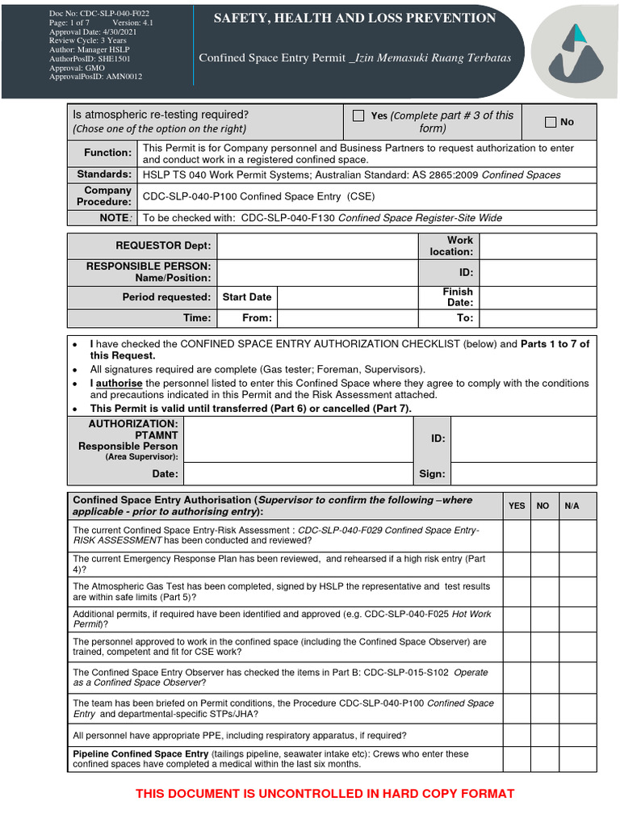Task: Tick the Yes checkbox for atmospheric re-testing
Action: (x=358, y=116)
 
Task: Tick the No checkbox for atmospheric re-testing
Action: (x=551, y=122)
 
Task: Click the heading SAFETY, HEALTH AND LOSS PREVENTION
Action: (x=354, y=18)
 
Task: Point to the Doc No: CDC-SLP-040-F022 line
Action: (x=88, y=15)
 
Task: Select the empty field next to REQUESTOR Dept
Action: (x=317, y=246)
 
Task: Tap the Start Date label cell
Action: (x=247, y=296)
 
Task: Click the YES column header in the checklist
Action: (x=517, y=506)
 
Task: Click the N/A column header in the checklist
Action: (x=572, y=506)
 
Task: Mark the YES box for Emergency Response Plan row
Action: (x=517, y=564)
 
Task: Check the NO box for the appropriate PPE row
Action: (x=543, y=736)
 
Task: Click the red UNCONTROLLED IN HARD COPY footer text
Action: (x=325, y=794)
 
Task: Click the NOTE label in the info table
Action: (x=115, y=218)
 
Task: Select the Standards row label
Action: (x=104, y=174)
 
